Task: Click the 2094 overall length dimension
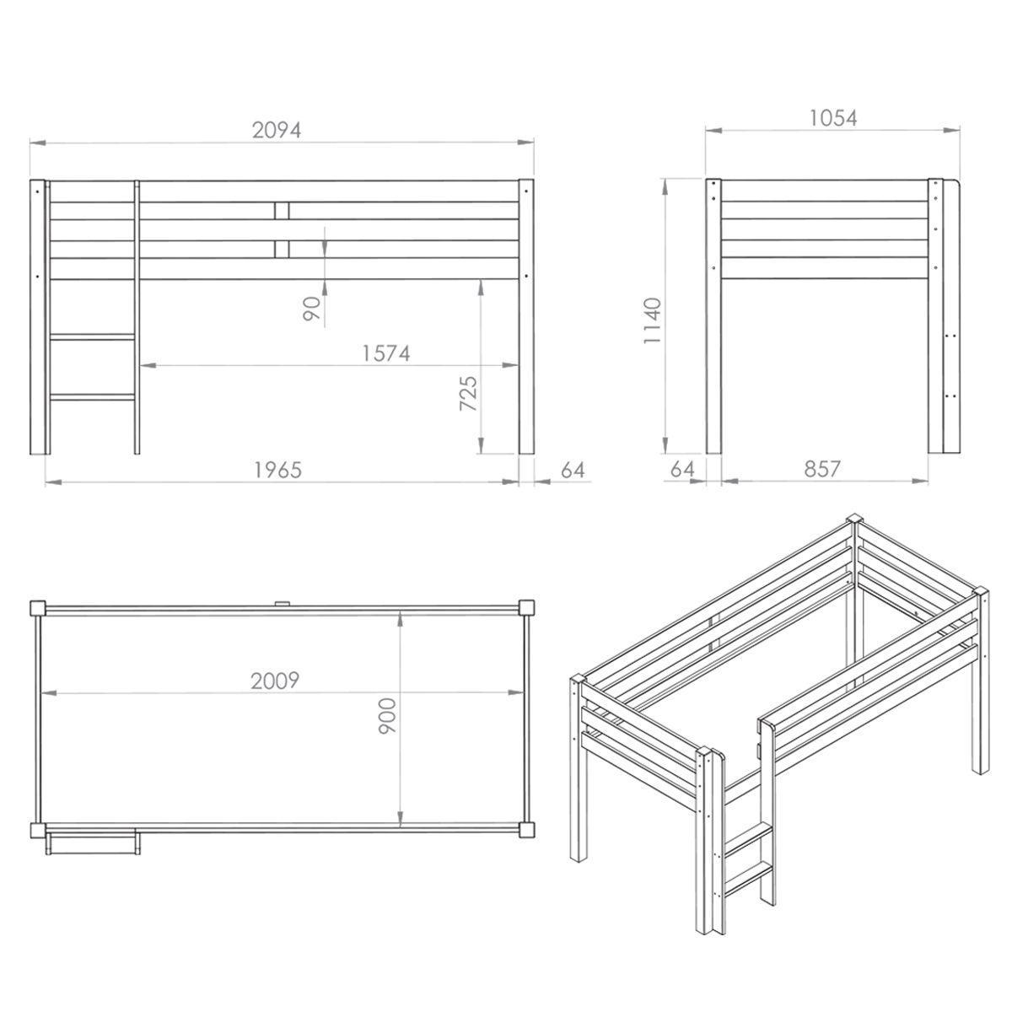click(277, 130)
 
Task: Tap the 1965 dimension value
click(277, 470)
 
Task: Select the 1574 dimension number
click(386, 353)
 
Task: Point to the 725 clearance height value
click(468, 393)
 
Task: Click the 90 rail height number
click(312, 309)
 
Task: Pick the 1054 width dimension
click(833, 118)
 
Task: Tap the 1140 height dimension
click(653, 320)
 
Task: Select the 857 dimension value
click(822, 469)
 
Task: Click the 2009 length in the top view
click(275, 681)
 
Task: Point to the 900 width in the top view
click(388, 715)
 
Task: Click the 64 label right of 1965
click(573, 470)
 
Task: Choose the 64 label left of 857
click(683, 469)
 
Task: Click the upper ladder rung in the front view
click(93, 336)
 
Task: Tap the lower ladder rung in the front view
click(93, 397)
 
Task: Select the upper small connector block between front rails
click(282, 211)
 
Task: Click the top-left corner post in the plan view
click(38, 609)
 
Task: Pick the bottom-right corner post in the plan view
click(527, 830)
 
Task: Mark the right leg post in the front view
click(526, 317)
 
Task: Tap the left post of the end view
click(713, 316)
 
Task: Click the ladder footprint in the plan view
click(93, 842)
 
